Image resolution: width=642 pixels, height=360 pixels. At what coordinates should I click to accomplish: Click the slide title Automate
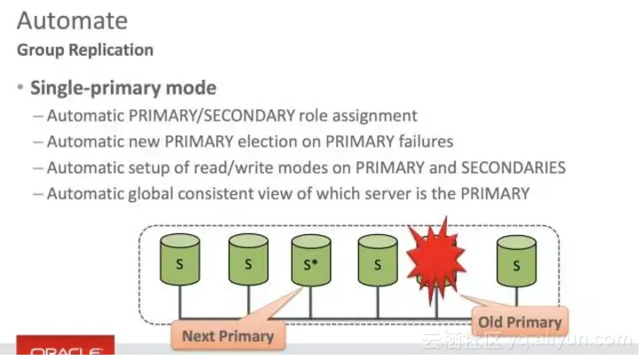(73, 19)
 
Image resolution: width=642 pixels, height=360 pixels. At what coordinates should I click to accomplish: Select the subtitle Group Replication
(85, 50)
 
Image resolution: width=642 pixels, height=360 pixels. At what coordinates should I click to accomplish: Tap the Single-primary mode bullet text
(123, 89)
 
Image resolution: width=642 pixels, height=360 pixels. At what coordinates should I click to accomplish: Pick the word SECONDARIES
(513, 168)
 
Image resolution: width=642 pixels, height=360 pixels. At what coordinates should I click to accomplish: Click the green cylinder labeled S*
(309, 262)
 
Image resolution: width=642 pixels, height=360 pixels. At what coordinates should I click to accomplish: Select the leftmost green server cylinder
(180, 262)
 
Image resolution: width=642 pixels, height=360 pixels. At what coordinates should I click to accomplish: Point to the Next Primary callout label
(229, 336)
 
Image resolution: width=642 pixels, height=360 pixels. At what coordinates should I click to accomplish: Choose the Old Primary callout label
(520, 322)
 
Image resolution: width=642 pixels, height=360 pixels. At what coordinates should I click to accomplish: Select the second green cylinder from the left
(247, 262)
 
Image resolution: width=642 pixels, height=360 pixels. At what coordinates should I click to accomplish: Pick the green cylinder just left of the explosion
(377, 262)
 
